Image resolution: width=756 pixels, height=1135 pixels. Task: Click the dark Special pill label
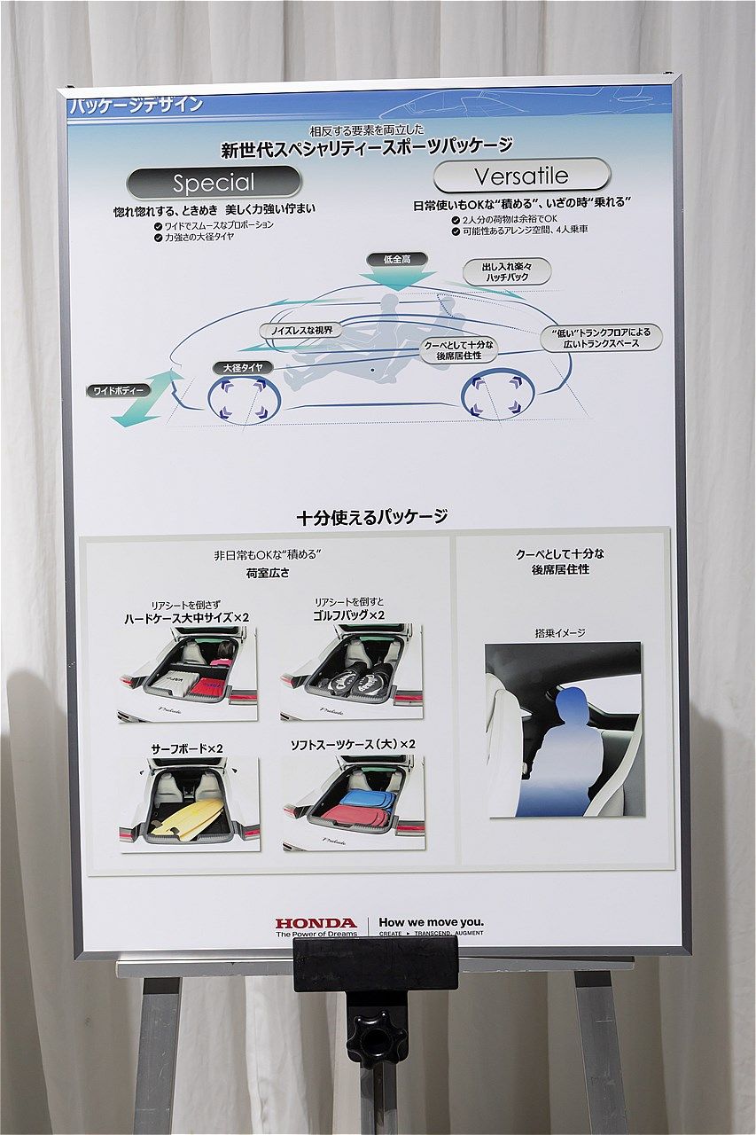[214, 183]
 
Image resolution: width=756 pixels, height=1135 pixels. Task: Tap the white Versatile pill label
[521, 175]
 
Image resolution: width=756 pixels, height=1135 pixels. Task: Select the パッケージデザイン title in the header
[136, 105]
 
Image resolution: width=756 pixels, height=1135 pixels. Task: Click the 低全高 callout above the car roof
[394, 259]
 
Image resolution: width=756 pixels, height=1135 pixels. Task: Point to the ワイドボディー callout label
[117, 390]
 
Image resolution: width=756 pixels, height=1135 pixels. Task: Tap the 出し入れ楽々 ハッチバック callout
[506, 271]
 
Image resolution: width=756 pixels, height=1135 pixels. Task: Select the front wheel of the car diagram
[245, 399]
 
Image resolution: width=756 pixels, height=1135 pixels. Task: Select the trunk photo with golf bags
[352, 671]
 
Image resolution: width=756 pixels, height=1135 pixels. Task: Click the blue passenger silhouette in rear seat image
[560, 754]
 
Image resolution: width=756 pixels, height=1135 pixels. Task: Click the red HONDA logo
[316, 923]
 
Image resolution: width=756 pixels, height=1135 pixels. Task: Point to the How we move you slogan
[431, 922]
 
